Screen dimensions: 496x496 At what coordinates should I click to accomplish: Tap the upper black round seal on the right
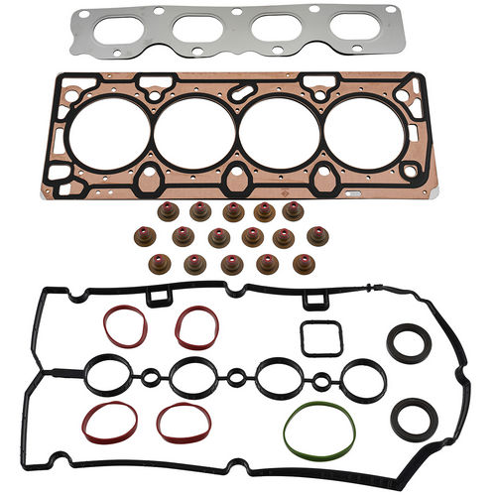click(x=407, y=346)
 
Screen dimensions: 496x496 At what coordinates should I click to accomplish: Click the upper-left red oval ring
click(x=124, y=326)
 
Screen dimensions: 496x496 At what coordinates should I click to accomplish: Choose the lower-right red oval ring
click(x=184, y=423)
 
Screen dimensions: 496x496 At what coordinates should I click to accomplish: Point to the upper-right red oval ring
click(x=197, y=327)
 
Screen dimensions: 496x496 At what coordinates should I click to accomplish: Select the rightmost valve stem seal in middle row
click(x=317, y=236)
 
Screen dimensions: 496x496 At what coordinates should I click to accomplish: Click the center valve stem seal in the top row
click(x=233, y=212)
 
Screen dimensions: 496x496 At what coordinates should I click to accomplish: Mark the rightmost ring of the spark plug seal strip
click(x=363, y=377)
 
